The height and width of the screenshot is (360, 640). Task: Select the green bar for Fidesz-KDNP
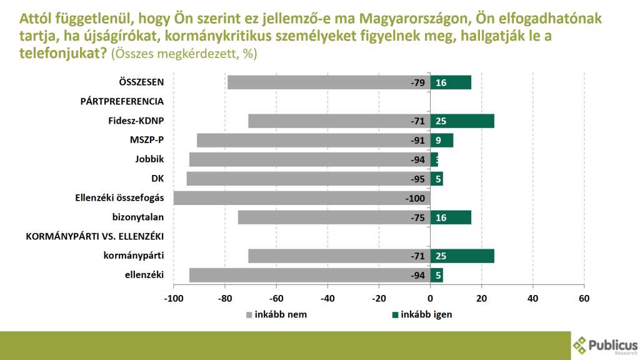(x=462, y=121)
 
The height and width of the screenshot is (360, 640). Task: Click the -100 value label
(x=414, y=199)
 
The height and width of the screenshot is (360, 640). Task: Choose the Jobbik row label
(x=149, y=159)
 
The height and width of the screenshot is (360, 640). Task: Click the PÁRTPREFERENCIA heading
(x=122, y=101)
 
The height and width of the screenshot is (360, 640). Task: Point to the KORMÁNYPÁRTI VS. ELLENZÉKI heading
(x=94, y=237)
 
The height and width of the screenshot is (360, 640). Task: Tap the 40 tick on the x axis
(x=532, y=298)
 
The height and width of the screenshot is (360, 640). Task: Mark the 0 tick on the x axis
(x=430, y=298)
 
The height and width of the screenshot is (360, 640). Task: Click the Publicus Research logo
(x=605, y=344)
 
